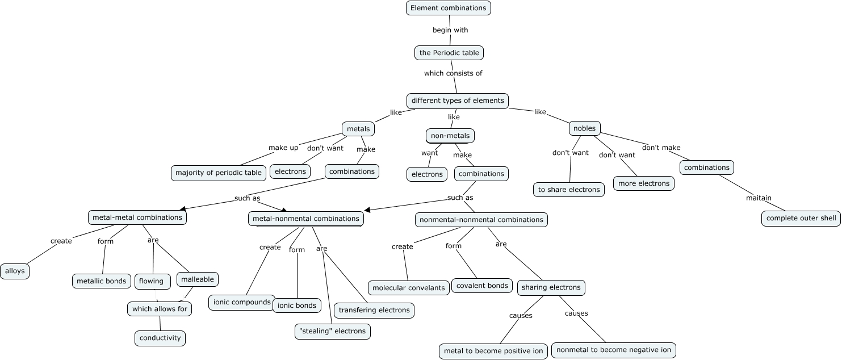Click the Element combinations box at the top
[x=448, y=8]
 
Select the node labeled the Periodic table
[x=449, y=53]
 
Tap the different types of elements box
[x=458, y=101]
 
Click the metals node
[x=358, y=129]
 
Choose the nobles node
[x=584, y=128]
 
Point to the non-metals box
[x=450, y=136]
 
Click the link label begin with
[x=450, y=30]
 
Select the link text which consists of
[x=453, y=73]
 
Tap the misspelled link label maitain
[x=759, y=198]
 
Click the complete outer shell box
[x=801, y=219]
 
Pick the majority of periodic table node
[x=219, y=173]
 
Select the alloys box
[x=15, y=271]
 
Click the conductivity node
[x=160, y=338]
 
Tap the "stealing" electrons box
[x=333, y=331]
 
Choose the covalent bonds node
[x=482, y=286]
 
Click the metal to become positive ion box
[x=493, y=351]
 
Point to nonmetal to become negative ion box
[x=613, y=350]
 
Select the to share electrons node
[x=569, y=190]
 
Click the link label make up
[x=283, y=148]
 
